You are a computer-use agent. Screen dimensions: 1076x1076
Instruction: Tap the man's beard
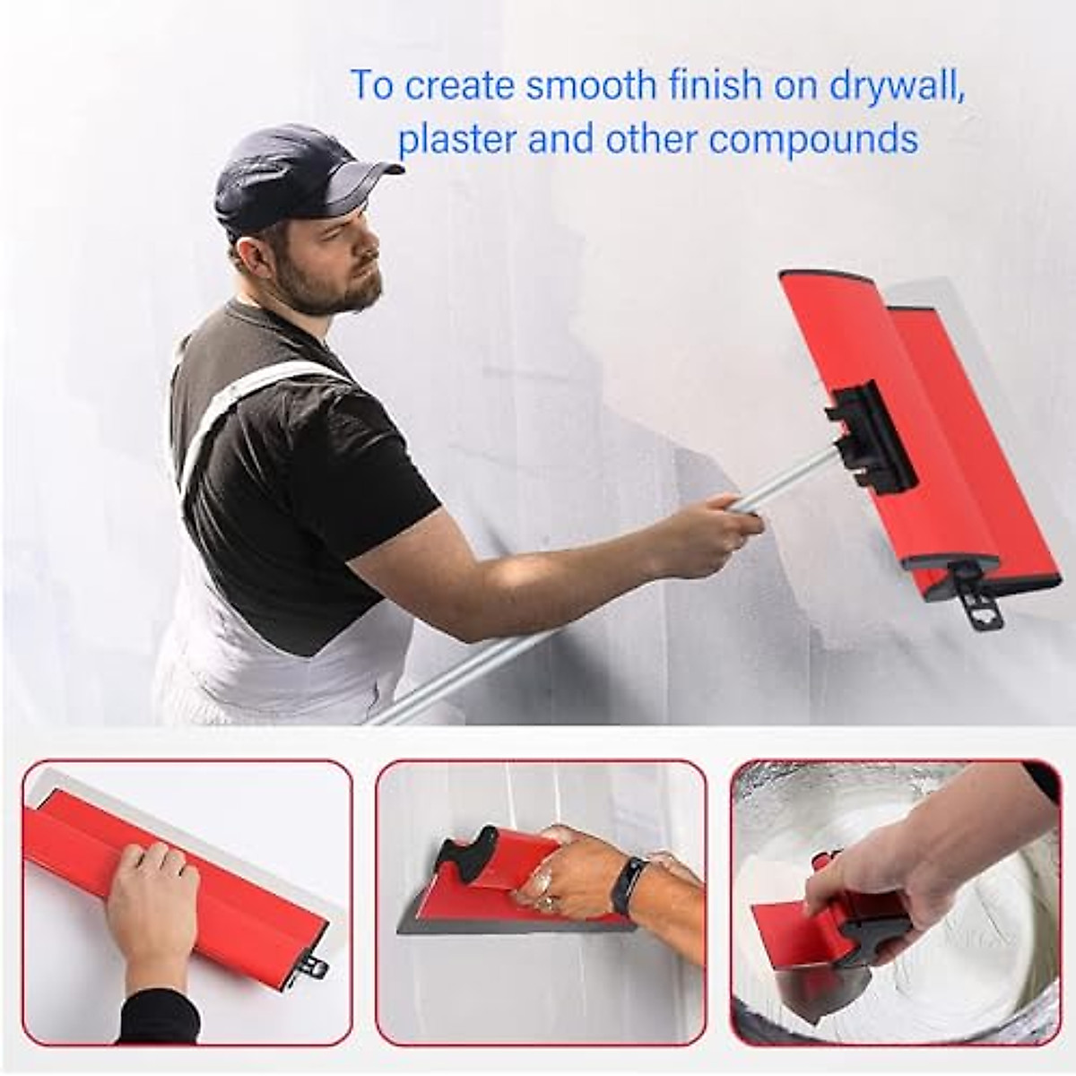tap(336, 287)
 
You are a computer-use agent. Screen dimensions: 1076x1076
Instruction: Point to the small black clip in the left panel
tap(317, 967)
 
